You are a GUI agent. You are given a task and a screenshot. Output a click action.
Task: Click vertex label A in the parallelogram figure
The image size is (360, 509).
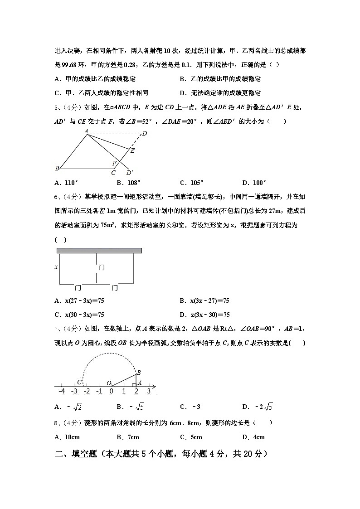click(x=86, y=131)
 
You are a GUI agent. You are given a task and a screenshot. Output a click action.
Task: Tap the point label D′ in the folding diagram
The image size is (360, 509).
click(x=129, y=173)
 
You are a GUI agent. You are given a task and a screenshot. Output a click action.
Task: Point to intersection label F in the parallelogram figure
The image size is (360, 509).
click(x=115, y=163)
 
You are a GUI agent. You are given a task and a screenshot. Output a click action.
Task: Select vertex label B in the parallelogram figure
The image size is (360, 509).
click(x=57, y=169)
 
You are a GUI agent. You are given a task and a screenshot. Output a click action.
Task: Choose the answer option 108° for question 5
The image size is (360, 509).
click(x=129, y=183)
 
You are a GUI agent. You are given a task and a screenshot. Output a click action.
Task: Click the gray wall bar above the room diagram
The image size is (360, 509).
click(x=99, y=250)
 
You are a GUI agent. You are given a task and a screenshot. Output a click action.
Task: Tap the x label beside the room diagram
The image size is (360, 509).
click(x=56, y=267)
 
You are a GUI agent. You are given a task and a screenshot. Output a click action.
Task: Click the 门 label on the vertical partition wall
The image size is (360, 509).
click(x=102, y=267)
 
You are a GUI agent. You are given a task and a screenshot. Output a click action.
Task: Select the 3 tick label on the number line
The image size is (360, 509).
click(x=148, y=391)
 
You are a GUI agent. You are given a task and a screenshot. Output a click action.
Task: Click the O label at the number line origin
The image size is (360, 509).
click(x=109, y=383)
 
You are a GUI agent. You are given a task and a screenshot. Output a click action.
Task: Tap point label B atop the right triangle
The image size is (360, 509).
click(x=139, y=372)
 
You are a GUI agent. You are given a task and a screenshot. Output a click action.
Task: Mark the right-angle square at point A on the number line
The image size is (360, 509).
click(x=134, y=385)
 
